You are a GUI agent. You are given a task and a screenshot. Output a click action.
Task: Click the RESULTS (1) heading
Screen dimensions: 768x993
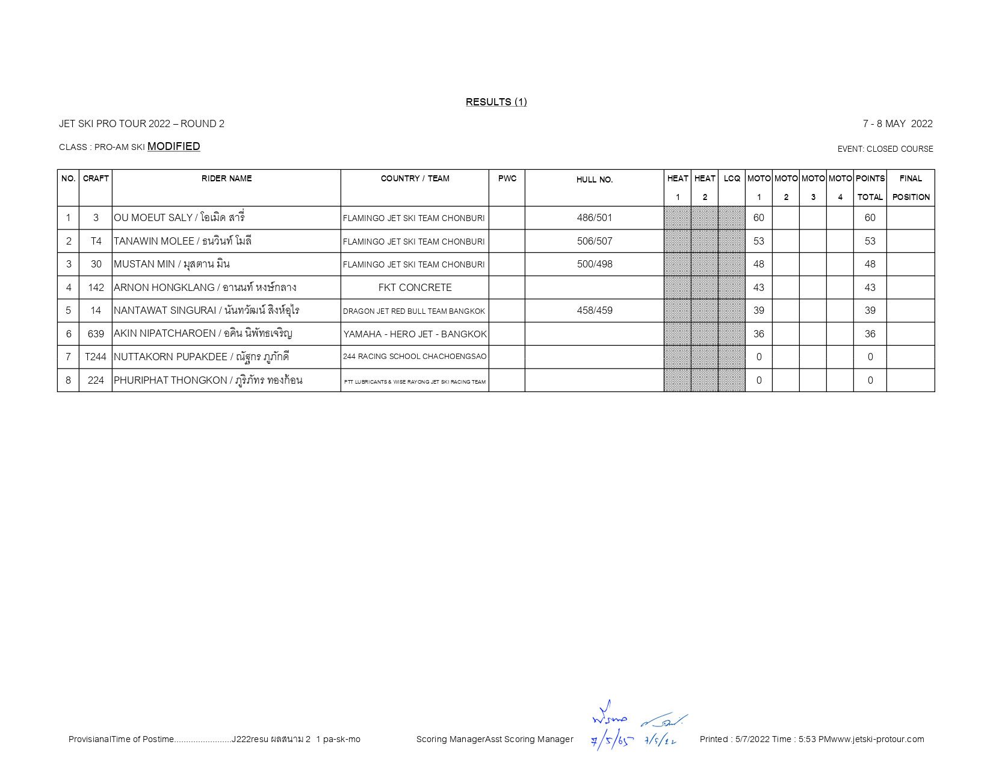pyautogui.click(x=496, y=102)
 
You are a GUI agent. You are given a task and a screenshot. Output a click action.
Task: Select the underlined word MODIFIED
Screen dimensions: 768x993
pyautogui.click(x=173, y=146)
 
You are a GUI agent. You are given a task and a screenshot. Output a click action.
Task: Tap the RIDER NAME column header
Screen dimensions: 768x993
pyautogui.click(x=226, y=178)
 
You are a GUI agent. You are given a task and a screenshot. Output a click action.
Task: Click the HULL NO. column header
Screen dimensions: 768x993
pyautogui.click(x=594, y=180)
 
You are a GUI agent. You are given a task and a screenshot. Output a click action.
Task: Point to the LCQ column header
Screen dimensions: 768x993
pyautogui.click(x=732, y=178)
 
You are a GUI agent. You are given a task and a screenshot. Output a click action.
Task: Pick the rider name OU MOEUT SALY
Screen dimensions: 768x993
pyautogui.click(x=153, y=218)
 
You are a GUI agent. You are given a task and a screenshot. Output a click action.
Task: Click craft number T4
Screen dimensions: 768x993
pyautogui.click(x=96, y=242)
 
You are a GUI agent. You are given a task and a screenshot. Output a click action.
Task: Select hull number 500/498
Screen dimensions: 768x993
pyautogui.click(x=594, y=264)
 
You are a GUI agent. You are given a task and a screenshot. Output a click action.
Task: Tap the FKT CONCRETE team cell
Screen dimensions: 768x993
pyautogui.click(x=415, y=288)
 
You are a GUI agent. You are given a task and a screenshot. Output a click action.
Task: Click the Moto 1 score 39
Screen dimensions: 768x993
pyautogui.click(x=758, y=311)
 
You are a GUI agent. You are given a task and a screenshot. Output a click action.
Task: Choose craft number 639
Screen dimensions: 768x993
pyautogui.click(x=96, y=334)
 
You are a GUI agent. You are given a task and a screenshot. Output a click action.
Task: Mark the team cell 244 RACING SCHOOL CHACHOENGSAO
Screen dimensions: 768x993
pyautogui.click(x=415, y=357)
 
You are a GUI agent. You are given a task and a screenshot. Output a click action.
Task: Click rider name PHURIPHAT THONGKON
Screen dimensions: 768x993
pyautogui.click(x=170, y=381)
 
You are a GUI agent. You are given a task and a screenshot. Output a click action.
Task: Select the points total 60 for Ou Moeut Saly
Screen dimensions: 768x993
pyautogui.click(x=870, y=218)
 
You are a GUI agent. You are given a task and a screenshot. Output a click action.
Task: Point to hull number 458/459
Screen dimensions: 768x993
pyautogui.click(x=594, y=311)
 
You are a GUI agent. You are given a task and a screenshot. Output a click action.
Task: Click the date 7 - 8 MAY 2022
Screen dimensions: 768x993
pyautogui.click(x=897, y=124)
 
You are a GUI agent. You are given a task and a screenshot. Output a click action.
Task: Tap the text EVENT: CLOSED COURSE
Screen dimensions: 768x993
pyautogui.click(x=885, y=149)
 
